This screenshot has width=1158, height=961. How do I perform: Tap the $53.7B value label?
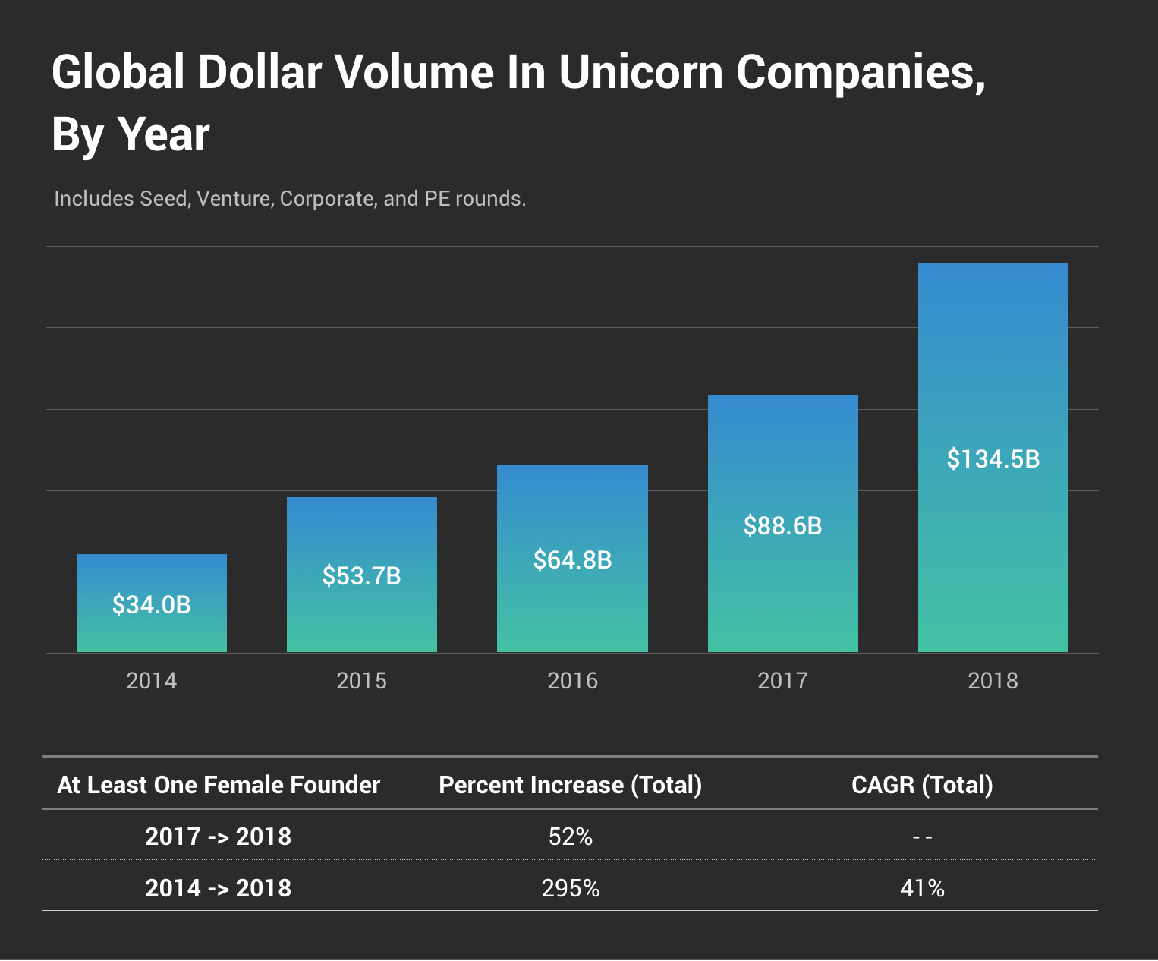point(361,576)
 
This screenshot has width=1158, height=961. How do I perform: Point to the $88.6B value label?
point(782,526)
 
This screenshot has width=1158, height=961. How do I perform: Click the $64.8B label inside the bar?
point(572,560)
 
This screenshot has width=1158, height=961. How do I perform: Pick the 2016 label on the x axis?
point(572,681)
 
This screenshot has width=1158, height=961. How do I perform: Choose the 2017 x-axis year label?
point(782,681)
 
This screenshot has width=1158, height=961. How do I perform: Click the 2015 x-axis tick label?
point(361,681)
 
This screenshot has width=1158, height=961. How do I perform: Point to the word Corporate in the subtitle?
point(327,199)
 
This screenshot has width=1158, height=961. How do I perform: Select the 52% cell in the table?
point(570,837)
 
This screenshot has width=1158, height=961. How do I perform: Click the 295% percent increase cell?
point(570,888)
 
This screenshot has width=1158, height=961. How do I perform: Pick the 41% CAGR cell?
point(922,888)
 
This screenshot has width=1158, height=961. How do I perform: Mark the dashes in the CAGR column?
point(922,837)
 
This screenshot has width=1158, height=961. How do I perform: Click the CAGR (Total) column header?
point(922,785)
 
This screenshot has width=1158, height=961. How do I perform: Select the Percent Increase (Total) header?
point(570,785)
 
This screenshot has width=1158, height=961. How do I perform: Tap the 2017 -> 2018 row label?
point(218,837)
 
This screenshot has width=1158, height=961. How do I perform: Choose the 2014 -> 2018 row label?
point(218,888)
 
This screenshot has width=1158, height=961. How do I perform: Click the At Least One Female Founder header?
point(218,785)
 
